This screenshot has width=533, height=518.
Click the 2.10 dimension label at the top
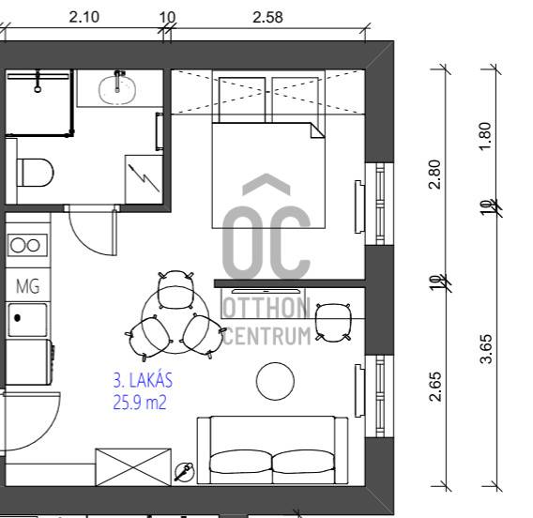(84, 17)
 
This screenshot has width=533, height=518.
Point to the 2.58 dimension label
(267, 17)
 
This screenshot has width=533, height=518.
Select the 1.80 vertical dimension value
(485, 136)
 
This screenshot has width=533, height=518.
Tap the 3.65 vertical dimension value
(486, 349)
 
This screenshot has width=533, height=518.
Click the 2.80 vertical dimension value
(434, 175)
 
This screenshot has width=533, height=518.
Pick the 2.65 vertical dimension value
(435, 387)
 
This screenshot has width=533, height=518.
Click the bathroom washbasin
(117, 89)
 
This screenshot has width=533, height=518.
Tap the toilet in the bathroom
(35, 172)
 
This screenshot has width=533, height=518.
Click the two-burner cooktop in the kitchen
(27, 245)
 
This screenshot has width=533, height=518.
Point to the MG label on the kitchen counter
(28, 286)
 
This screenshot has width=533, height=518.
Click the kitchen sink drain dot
(17, 318)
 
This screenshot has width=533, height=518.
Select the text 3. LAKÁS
(143, 380)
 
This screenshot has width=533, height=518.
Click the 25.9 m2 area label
(140, 403)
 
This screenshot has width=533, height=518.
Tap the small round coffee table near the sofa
(275, 381)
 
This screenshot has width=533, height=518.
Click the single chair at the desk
(333, 322)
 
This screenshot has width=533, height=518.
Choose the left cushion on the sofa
(240, 462)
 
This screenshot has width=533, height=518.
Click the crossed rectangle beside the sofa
(133, 467)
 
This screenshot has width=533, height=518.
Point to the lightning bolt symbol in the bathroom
(145, 178)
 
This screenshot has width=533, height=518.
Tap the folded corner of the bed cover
(317, 130)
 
